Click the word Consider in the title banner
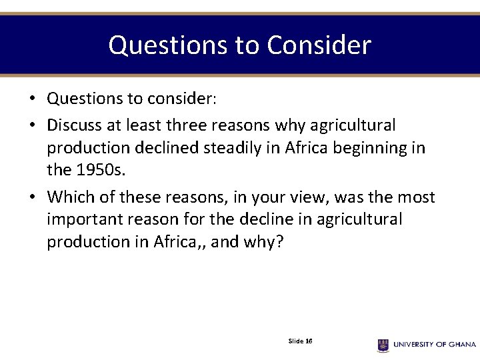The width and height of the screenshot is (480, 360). pos(319,45)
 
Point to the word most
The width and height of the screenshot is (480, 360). pos(415,197)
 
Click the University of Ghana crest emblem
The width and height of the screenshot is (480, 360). pos(383,345)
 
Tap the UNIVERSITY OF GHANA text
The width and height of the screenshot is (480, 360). pos(434,345)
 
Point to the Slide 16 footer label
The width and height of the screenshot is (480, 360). pos(300,341)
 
